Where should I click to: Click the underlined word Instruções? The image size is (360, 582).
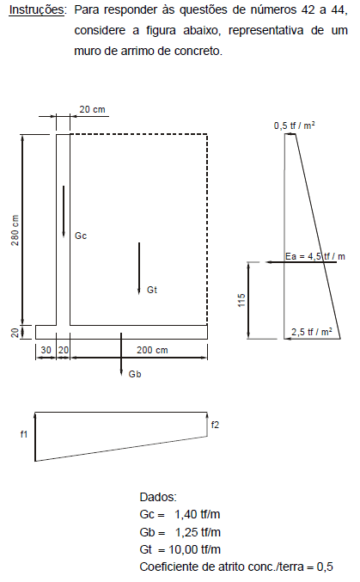coord(37,10)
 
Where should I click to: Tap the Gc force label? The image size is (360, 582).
coord(81,236)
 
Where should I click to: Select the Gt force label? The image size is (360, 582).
coord(152,290)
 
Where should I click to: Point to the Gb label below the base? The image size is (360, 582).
coord(135,374)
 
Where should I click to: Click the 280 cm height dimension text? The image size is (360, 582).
coord(15,230)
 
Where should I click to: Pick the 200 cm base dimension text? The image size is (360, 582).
coord(152,350)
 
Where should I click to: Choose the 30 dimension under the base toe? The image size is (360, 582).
coord(46,350)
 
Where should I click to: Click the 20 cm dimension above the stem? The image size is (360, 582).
coord(93,109)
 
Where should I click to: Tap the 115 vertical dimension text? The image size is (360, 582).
coord(241,300)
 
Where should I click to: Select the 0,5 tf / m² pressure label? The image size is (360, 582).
coord(295,126)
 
